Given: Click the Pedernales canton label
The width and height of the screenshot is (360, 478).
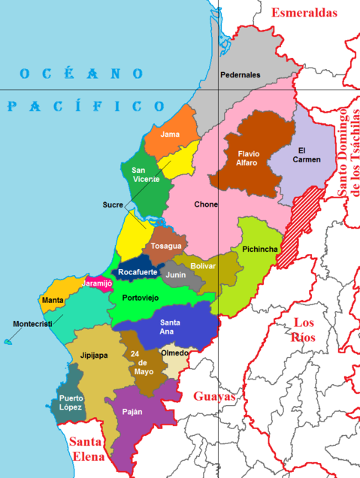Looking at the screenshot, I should (x=240, y=75).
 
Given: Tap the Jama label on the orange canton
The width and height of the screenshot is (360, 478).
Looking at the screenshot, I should (x=171, y=135).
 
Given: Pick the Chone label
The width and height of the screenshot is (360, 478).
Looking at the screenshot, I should (x=206, y=204).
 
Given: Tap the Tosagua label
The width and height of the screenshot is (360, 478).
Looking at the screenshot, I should (x=165, y=246).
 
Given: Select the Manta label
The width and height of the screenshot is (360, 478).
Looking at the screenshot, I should (x=53, y=301).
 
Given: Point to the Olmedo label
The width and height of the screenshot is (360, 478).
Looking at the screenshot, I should (x=175, y=352).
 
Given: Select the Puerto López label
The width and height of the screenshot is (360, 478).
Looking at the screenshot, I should (x=71, y=403).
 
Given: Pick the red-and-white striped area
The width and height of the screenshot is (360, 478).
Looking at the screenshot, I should (x=301, y=228).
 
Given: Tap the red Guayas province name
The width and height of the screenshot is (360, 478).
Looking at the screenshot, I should (x=214, y=397).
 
